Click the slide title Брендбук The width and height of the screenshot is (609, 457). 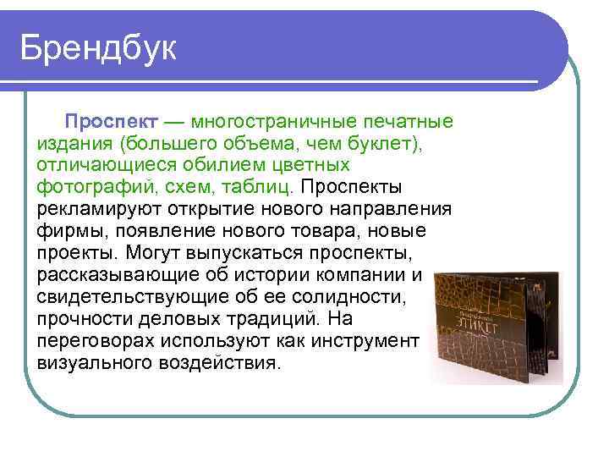pyautogui.click(x=99, y=47)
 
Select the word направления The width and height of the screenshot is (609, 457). pyautogui.click(x=395, y=209)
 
